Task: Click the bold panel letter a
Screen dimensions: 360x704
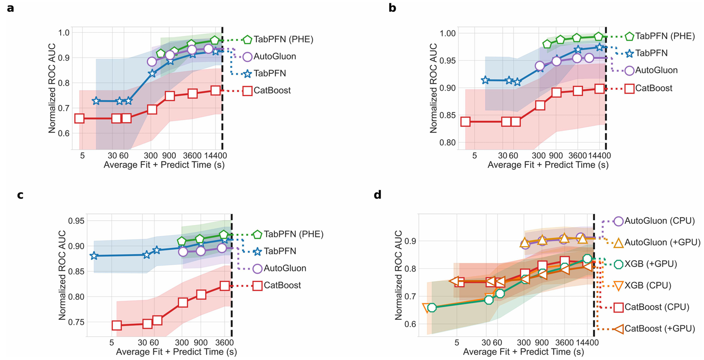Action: (10, 8)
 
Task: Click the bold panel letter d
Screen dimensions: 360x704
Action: (378, 195)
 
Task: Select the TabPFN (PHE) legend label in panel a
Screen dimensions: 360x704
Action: (283, 39)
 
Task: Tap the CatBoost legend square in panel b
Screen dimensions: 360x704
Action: (629, 88)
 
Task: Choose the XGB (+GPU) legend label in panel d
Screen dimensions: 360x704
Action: (651, 264)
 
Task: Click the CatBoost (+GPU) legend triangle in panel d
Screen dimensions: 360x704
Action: (618, 329)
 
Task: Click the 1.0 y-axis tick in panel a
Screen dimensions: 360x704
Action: (63, 32)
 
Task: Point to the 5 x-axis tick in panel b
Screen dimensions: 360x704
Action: (474, 156)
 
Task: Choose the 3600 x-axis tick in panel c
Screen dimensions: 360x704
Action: (223, 343)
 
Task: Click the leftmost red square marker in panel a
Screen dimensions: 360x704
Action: (79, 118)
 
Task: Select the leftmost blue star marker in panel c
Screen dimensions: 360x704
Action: (94, 256)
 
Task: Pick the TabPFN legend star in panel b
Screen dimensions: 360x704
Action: (629, 53)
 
